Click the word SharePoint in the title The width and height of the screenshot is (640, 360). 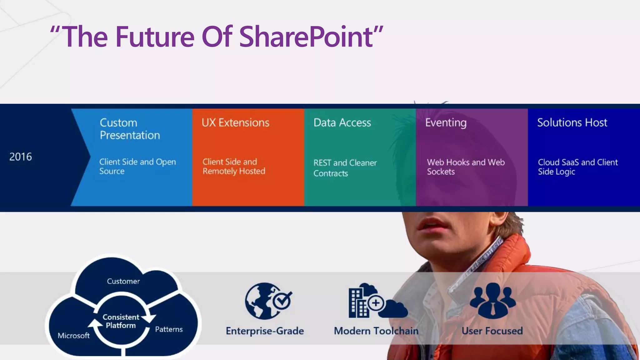tap(306, 37)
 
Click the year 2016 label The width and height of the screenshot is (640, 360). tap(21, 157)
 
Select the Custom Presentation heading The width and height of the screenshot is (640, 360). tap(130, 129)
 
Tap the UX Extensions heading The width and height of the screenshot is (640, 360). tap(235, 122)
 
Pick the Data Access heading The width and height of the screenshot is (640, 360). tap(342, 122)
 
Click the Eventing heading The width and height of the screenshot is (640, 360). tap(446, 122)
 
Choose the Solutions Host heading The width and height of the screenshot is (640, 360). tap(572, 122)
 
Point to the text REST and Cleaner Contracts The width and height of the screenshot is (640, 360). tap(345, 168)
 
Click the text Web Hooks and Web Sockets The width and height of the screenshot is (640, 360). tap(466, 167)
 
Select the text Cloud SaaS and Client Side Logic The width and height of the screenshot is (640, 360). tap(577, 167)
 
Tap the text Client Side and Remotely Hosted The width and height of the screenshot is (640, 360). tap(234, 166)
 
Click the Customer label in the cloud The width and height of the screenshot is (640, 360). tap(123, 281)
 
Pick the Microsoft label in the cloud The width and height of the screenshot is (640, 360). tap(74, 336)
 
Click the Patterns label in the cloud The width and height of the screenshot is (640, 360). tap(169, 329)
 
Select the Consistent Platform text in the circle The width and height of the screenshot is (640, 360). tap(121, 321)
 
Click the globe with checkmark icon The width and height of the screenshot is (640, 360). tap(267, 301)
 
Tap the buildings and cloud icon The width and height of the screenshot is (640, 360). tap(377, 301)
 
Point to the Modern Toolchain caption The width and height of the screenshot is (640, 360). tap(376, 331)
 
